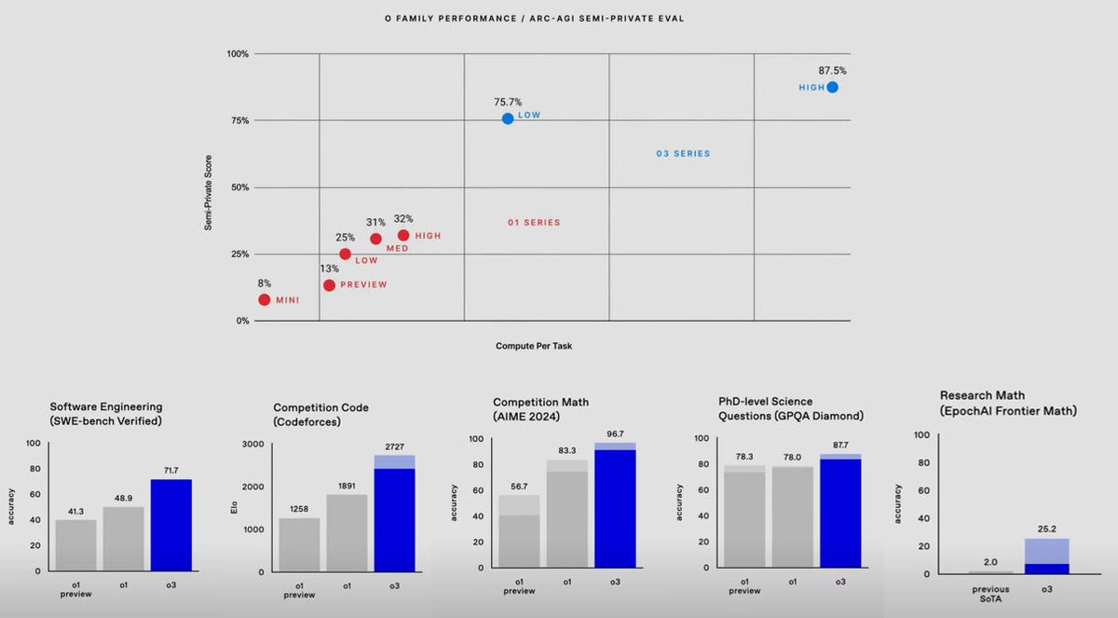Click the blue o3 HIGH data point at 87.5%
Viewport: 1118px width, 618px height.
click(x=832, y=87)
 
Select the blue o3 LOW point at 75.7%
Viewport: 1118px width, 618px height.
click(x=508, y=118)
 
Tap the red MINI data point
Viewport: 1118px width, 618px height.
click(x=265, y=299)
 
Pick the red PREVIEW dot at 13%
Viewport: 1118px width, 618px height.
click(x=329, y=284)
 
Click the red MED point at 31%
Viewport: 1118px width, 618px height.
click(x=375, y=239)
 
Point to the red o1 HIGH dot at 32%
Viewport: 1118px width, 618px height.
click(x=403, y=235)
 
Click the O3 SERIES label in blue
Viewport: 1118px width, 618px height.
click(x=683, y=154)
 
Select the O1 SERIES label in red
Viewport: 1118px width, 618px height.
click(x=534, y=223)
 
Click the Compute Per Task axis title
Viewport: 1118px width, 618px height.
click(x=534, y=346)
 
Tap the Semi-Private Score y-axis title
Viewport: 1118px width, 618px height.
click(x=209, y=193)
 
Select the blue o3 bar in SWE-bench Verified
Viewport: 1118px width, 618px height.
click(x=170, y=525)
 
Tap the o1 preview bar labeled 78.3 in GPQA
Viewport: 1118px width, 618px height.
click(x=744, y=517)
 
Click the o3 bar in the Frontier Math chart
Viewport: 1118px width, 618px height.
click(x=1048, y=556)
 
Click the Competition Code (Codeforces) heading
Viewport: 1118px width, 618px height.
click(x=320, y=415)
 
